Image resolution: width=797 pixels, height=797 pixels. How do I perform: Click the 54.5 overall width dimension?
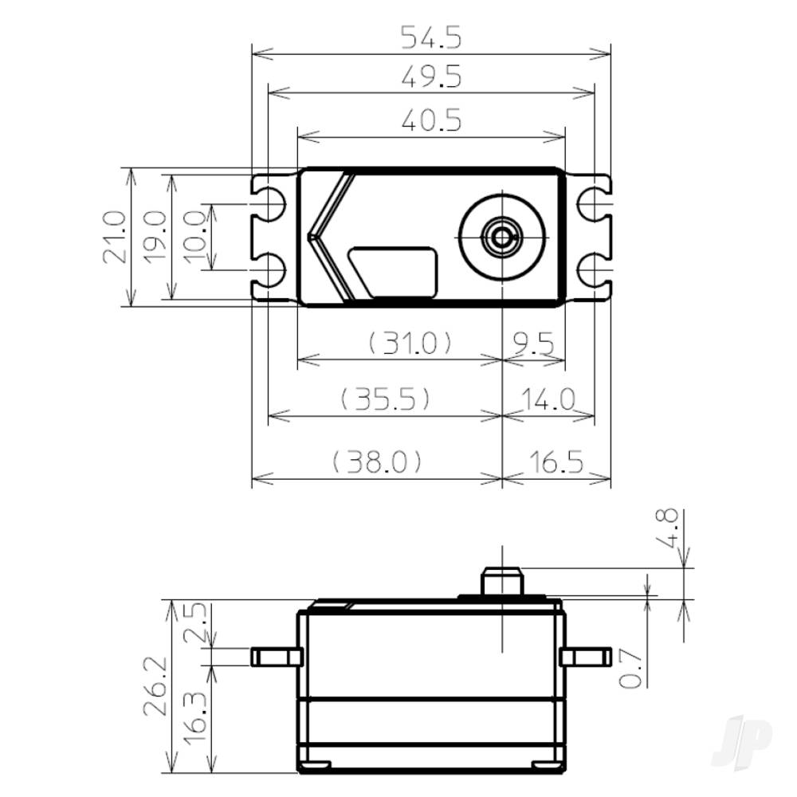click(431, 37)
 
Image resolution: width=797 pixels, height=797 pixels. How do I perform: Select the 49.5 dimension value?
click(431, 77)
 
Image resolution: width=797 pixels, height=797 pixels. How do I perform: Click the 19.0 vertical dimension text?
click(155, 237)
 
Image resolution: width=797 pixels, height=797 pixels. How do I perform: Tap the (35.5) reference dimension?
click(386, 398)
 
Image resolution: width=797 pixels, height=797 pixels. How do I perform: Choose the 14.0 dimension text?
click(549, 398)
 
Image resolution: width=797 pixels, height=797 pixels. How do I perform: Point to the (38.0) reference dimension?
click(376, 461)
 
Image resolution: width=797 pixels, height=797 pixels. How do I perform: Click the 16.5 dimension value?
click(555, 461)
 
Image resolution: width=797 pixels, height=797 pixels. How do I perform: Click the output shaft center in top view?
click(502, 236)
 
